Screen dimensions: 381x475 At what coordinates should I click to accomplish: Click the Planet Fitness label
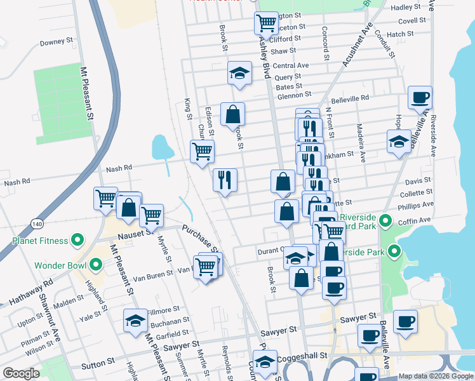39,241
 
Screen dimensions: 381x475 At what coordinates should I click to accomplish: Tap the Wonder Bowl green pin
97,264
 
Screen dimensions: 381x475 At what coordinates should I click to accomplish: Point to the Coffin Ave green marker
385,222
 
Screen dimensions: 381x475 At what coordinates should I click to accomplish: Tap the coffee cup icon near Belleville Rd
420,98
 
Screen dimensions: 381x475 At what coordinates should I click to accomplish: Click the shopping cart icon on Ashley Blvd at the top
266,23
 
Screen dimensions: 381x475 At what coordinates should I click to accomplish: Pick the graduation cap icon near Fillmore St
135,321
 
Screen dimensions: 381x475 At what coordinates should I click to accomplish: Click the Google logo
21,373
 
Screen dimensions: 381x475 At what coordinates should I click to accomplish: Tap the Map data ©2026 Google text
436,376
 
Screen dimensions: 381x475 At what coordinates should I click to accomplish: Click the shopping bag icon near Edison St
232,114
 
